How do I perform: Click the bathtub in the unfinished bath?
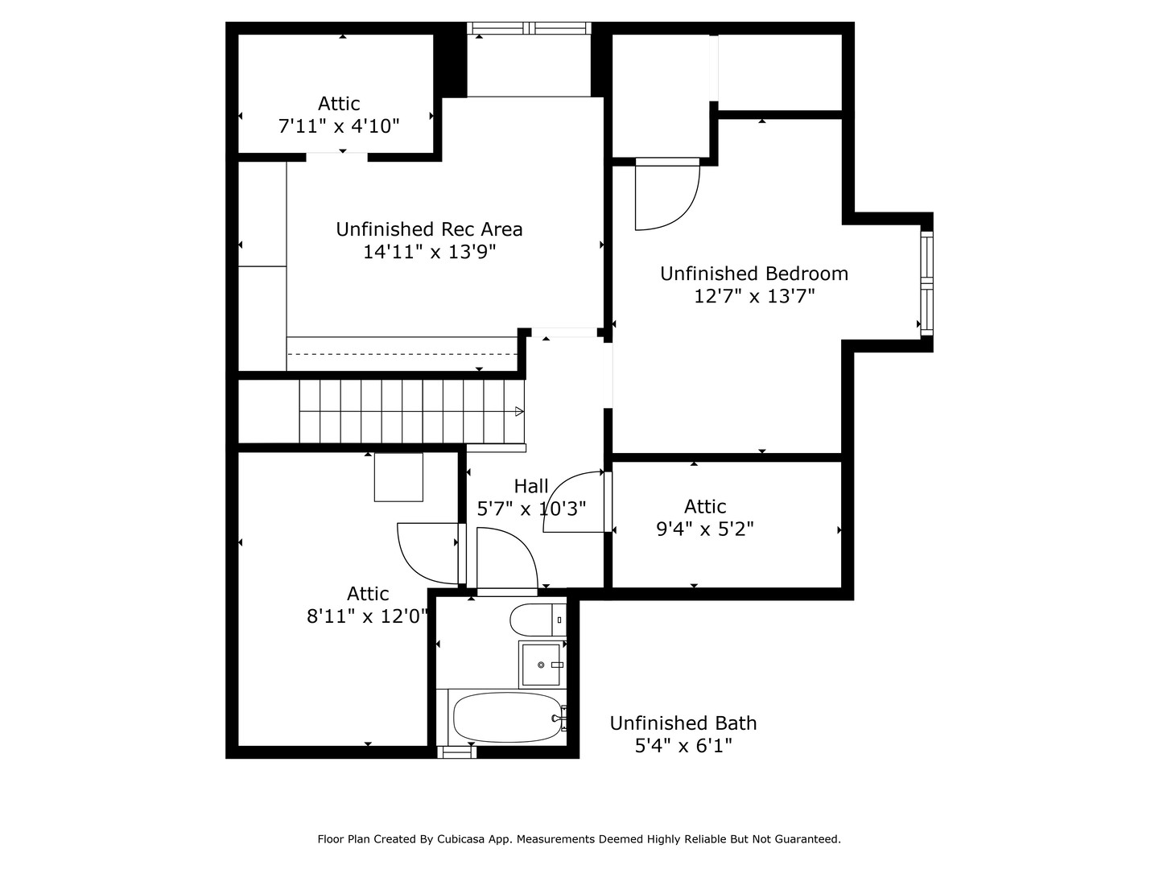(x=507, y=718)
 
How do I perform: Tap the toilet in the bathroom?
(x=531, y=620)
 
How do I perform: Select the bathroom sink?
(x=541, y=665)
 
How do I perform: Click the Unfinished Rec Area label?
(x=429, y=229)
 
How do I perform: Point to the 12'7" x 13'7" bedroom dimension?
(x=754, y=296)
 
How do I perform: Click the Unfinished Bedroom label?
(x=754, y=274)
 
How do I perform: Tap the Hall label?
(x=531, y=486)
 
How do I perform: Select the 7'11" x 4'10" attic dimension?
(x=339, y=126)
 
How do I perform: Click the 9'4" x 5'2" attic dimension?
(x=705, y=529)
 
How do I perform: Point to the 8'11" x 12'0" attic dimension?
(x=367, y=616)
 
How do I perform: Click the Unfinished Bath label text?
(x=683, y=723)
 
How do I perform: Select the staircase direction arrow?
(x=519, y=411)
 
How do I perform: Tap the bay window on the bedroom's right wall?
(x=926, y=282)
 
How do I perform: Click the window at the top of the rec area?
(x=530, y=28)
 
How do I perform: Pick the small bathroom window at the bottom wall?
(x=456, y=752)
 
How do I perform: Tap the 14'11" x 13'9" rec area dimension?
(x=429, y=252)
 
